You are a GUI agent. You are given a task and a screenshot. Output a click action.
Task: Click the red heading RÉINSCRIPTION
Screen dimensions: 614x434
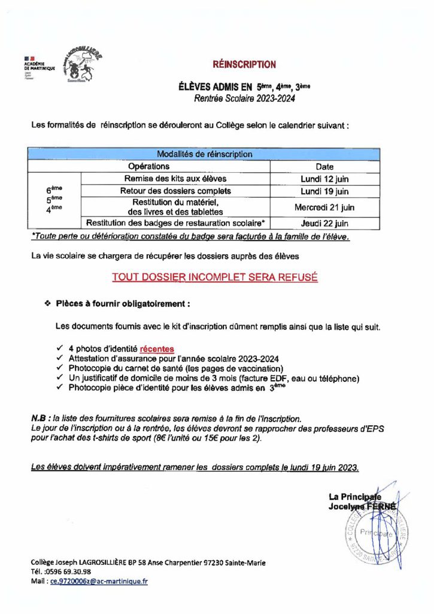(244, 65)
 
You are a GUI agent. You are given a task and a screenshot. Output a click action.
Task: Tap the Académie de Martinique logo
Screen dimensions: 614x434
(38, 65)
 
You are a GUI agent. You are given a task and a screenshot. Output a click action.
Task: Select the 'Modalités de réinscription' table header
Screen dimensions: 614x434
(204, 154)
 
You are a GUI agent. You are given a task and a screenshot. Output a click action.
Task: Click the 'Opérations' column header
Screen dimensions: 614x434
(149, 167)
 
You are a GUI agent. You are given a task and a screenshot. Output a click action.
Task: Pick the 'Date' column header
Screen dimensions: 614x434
(324, 167)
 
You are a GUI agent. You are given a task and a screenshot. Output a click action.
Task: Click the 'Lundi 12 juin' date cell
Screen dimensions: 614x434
(324, 179)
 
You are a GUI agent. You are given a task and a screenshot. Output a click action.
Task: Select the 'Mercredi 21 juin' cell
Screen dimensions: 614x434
(324, 207)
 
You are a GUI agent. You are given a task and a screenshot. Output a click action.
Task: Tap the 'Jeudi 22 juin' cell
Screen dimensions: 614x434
(324, 223)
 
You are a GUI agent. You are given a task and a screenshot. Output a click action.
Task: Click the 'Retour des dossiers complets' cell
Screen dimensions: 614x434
(175, 191)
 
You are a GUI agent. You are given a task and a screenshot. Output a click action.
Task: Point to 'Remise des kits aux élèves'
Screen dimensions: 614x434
(175, 179)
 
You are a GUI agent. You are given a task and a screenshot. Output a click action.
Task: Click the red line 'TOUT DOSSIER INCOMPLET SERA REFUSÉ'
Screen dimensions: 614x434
(215, 278)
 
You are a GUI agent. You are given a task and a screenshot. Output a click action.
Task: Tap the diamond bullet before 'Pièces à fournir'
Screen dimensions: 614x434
(47, 304)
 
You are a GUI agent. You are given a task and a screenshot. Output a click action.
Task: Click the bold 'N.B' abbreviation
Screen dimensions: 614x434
(38, 417)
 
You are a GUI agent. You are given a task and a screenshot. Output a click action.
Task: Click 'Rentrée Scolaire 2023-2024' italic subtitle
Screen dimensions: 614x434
(244, 97)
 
